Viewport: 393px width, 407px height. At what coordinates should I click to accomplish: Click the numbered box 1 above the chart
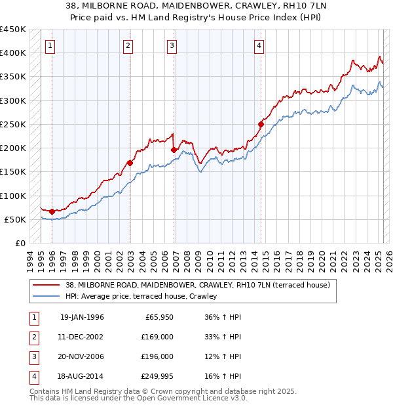tap(51, 45)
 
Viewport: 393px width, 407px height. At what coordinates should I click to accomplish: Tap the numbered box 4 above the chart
tap(259, 45)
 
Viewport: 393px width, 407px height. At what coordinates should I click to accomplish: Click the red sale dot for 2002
tap(130, 163)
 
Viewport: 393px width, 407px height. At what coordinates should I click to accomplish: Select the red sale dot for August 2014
tap(261, 124)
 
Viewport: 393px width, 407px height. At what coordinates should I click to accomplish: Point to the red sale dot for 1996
tap(52, 212)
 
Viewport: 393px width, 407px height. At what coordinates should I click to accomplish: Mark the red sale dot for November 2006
tap(174, 150)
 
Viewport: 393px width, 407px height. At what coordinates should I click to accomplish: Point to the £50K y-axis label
tap(16, 219)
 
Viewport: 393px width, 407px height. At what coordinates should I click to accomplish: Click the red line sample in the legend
tap(47, 285)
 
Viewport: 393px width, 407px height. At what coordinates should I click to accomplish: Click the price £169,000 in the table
tap(158, 337)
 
